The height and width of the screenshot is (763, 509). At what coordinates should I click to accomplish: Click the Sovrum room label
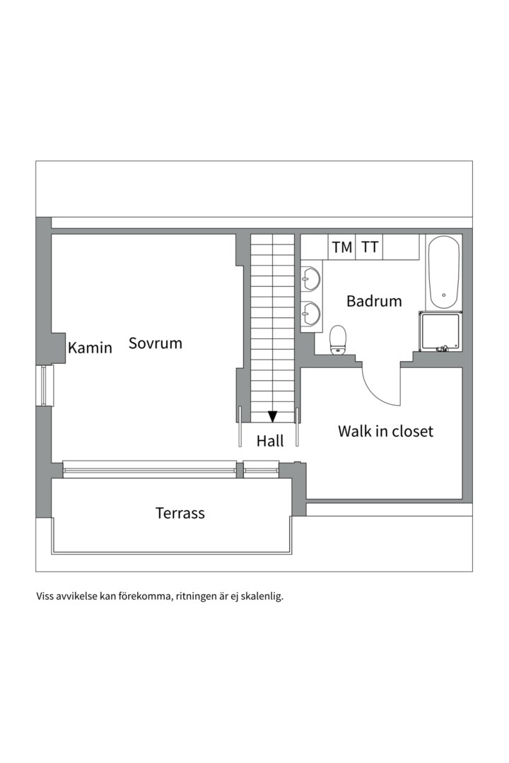click(156, 343)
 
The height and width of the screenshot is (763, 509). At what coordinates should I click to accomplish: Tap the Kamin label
click(90, 348)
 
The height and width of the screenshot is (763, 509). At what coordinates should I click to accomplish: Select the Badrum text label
click(374, 301)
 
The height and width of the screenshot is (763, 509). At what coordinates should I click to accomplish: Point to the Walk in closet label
click(385, 431)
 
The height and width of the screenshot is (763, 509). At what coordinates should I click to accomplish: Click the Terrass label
click(180, 513)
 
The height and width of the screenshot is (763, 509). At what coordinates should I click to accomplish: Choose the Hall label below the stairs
click(270, 441)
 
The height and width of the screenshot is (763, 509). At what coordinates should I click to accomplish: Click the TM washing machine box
click(342, 247)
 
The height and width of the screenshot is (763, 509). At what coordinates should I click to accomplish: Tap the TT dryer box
click(370, 247)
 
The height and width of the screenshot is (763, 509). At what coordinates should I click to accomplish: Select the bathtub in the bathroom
click(443, 273)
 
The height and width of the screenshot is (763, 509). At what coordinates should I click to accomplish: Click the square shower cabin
click(440, 331)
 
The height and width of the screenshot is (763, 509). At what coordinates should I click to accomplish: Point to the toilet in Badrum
click(338, 340)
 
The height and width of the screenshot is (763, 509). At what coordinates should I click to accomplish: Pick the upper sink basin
click(311, 279)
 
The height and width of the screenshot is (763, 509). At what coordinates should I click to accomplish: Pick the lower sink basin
click(311, 312)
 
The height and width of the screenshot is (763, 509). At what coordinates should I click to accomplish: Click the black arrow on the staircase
click(273, 417)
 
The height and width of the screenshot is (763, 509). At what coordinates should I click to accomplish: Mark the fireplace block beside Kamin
click(58, 348)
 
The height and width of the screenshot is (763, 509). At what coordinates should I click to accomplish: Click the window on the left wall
click(45, 386)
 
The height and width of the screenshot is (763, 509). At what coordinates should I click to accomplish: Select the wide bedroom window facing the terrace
click(150, 469)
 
